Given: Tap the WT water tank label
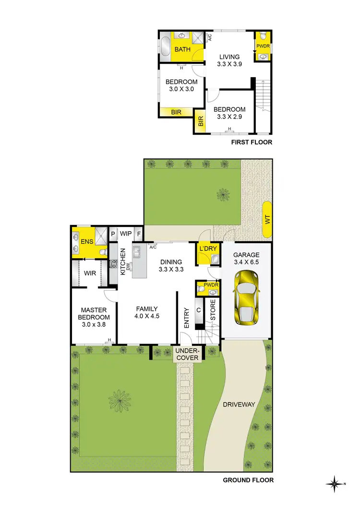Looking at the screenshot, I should pyautogui.click(x=267, y=221).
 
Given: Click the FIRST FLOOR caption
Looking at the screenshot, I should pyautogui.click(x=252, y=142).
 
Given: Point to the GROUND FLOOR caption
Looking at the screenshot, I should pyautogui.click(x=248, y=480).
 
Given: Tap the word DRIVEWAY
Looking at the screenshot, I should pyautogui.click(x=239, y=404).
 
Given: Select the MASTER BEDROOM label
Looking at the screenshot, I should pyautogui.click(x=94, y=314).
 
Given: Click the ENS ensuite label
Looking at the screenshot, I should pyautogui.click(x=86, y=242).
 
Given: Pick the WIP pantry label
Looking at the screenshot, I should pyautogui.click(x=126, y=233).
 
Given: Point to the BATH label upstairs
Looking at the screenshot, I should pyautogui.click(x=182, y=49).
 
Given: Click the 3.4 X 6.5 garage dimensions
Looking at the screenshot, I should pyautogui.click(x=246, y=263).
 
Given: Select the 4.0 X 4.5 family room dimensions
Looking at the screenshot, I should pyautogui.click(x=146, y=316).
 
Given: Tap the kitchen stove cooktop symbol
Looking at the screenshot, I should pyautogui.click(x=114, y=263).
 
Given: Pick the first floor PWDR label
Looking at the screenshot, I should pyautogui.click(x=263, y=47).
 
